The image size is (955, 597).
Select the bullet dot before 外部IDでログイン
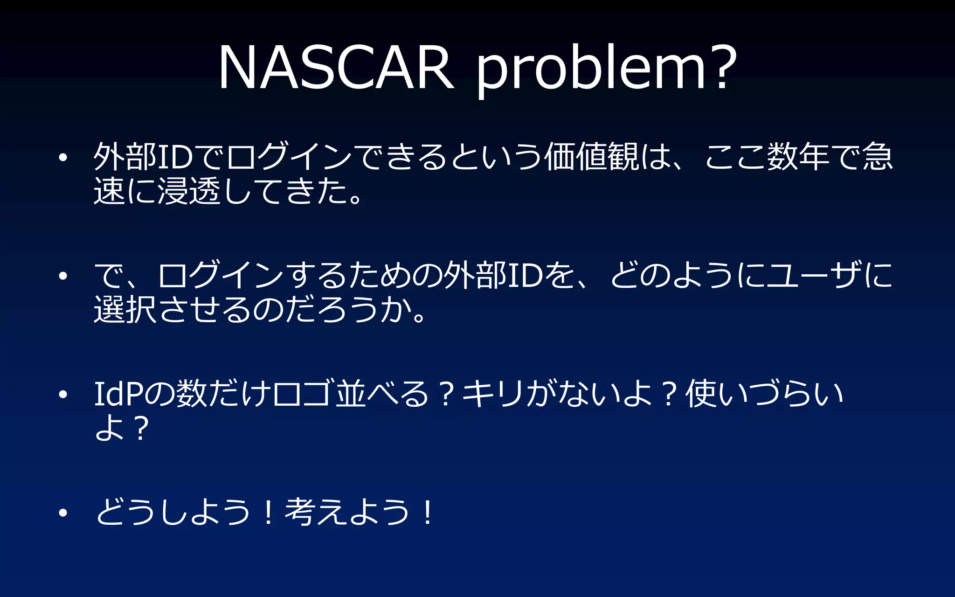[x=63, y=158]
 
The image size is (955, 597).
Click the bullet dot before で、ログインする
[x=63, y=276]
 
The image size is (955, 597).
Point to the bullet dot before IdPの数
[x=63, y=395]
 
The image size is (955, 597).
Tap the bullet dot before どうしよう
[x=63, y=513]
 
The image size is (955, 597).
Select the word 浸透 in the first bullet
[x=189, y=191]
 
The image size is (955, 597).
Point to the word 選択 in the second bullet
[x=125, y=310]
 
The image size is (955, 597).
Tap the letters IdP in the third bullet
[x=118, y=394]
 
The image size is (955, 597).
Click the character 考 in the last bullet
[x=299, y=512]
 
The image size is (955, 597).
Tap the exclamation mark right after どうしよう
[x=268, y=512]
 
